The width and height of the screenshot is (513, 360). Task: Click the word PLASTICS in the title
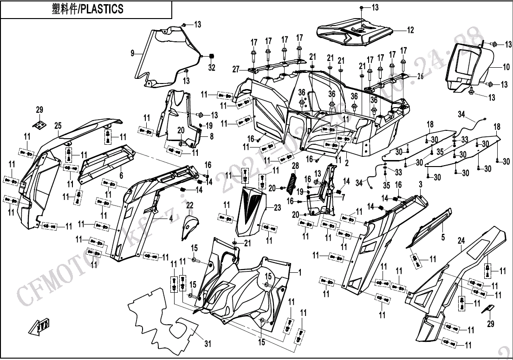coord(102,9)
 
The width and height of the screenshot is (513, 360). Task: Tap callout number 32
coord(212,68)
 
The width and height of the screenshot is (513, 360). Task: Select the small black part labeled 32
coord(212,57)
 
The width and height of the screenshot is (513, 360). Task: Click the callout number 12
coord(410,31)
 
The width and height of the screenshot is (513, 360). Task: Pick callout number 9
coord(133,54)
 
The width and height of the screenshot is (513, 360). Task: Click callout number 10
coord(506,67)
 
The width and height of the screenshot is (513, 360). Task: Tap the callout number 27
coord(236,70)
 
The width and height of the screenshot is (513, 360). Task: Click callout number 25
coord(58,125)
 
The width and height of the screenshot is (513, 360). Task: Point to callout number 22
coord(189,205)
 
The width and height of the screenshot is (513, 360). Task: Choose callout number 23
coord(277,208)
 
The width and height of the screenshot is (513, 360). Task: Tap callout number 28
coord(294,166)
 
